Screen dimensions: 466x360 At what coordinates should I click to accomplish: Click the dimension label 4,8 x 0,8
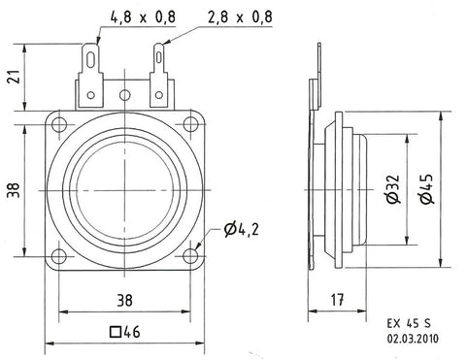click(x=143, y=16)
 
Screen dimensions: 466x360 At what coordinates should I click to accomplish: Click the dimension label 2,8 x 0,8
click(x=240, y=16)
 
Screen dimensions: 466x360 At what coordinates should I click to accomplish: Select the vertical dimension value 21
click(x=14, y=77)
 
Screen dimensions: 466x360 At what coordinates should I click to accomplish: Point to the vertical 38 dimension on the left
click(x=14, y=190)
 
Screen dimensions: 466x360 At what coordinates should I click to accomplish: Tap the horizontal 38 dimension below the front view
click(x=124, y=301)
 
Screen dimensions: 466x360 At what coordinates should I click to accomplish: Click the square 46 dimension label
click(x=124, y=332)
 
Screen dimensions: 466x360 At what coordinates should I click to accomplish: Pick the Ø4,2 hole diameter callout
click(x=242, y=230)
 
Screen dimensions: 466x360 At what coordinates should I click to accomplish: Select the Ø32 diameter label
click(x=393, y=189)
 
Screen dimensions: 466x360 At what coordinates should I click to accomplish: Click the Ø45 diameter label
click(x=427, y=189)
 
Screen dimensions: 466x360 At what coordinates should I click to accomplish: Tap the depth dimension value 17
click(x=337, y=300)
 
